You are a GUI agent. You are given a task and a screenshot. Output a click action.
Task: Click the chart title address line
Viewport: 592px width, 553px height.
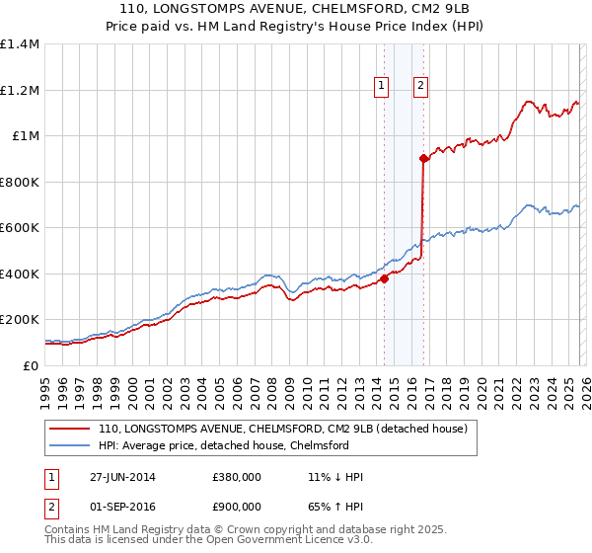click(295, 10)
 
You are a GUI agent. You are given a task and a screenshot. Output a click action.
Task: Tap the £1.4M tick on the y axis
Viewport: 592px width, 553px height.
click(20, 44)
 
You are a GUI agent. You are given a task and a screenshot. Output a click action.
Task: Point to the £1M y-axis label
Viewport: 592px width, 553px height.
click(24, 136)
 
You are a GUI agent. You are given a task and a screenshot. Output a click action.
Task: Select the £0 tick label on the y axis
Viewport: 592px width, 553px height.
click(32, 365)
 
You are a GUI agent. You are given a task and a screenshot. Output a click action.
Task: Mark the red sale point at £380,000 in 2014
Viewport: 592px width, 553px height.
click(384, 278)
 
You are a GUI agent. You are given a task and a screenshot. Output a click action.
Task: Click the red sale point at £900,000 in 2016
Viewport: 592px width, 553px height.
click(422, 158)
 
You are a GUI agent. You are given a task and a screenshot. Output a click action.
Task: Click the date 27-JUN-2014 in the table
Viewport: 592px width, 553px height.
click(119, 477)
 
